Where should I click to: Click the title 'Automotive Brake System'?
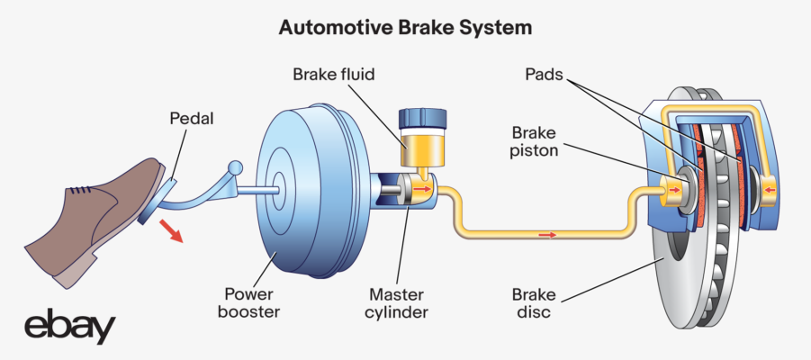[405, 28]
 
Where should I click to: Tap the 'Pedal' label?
[190, 119]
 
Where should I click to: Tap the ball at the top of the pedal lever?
[238, 167]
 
